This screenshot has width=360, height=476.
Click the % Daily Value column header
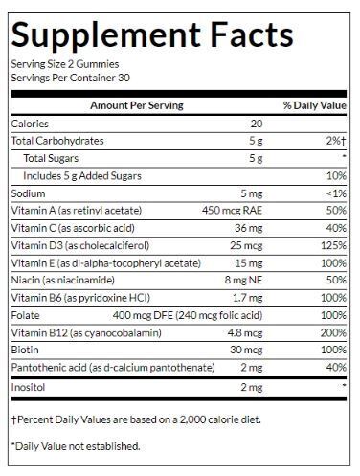tap(312, 105)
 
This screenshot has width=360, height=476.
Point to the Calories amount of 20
tap(256, 124)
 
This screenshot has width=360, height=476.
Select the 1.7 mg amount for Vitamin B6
tap(247, 298)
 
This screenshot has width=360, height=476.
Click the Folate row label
tap(25, 315)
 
